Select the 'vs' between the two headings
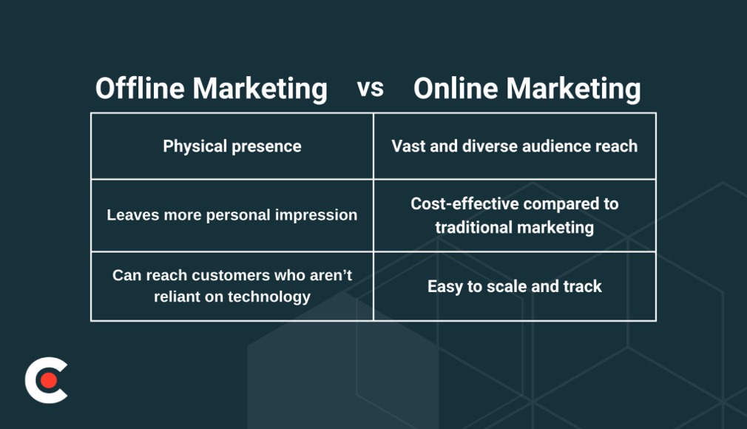(371, 88)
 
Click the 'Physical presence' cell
(232, 146)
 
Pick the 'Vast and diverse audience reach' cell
(514, 146)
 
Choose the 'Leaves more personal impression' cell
(232, 215)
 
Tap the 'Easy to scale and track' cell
(514, 286)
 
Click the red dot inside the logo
(49, 380)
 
